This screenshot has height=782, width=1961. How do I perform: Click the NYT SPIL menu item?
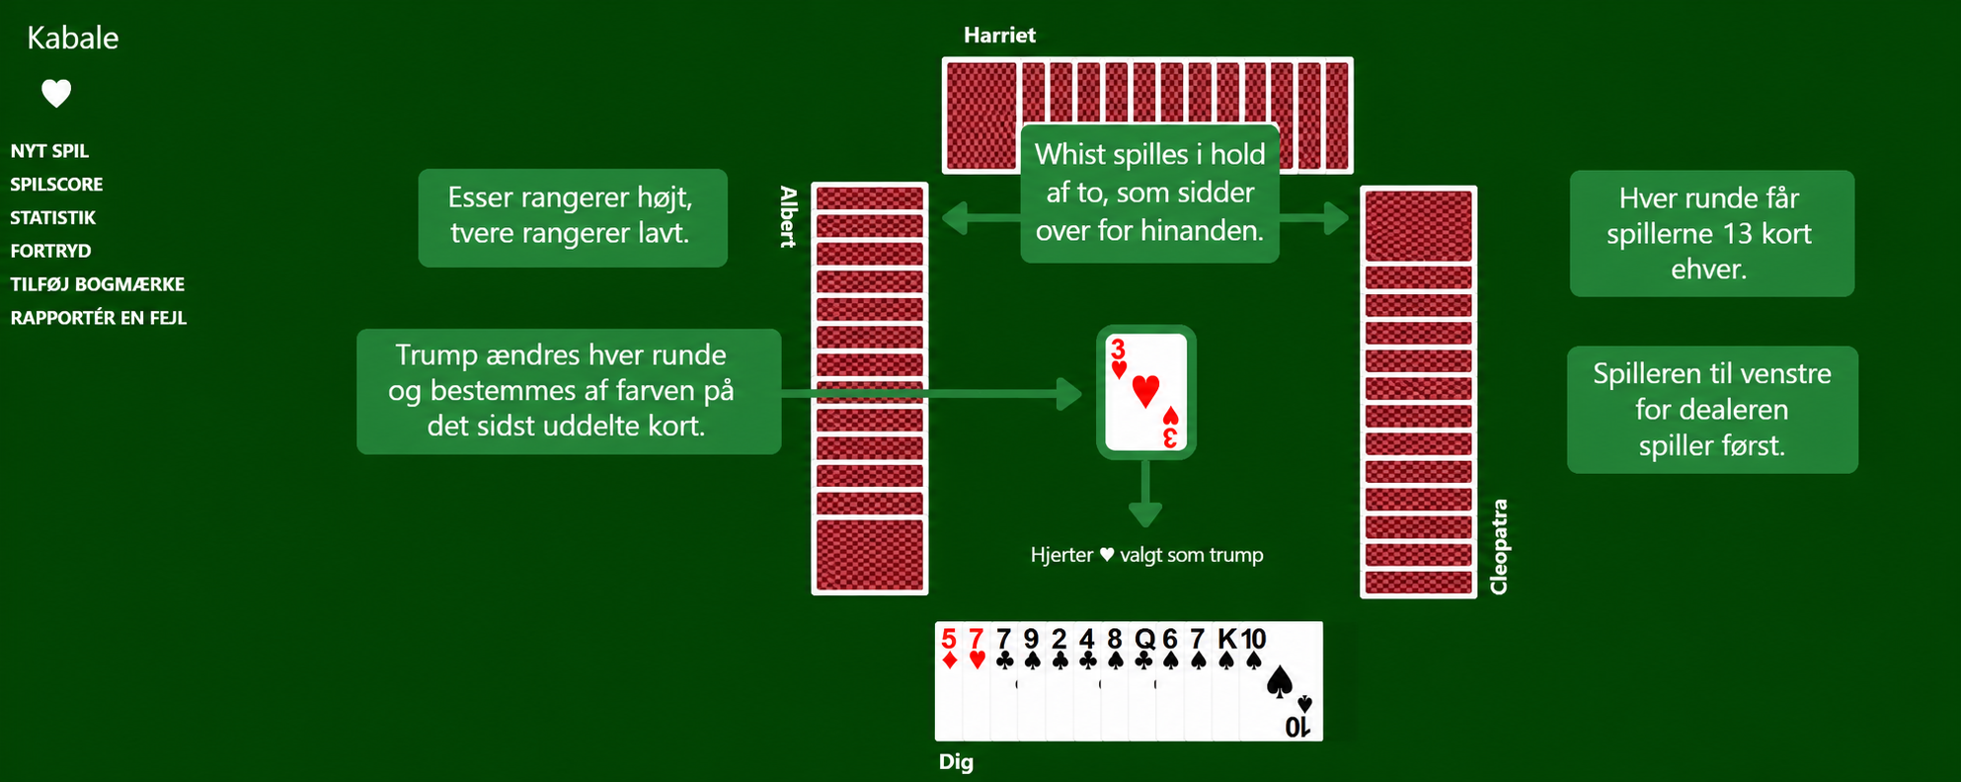49,151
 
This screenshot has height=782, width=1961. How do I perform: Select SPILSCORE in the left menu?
56,185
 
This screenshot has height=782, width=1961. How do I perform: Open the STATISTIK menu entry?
53,218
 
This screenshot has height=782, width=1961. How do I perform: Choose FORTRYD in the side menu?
50,251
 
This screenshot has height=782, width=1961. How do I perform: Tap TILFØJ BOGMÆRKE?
98,284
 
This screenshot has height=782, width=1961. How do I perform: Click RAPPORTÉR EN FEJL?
99,318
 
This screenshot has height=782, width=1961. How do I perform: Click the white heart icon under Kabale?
56,93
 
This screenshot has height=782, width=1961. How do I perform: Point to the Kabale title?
72,38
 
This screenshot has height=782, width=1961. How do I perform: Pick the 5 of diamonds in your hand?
949,681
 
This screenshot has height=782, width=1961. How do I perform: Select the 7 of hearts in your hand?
977,681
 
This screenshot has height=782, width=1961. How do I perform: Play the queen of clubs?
1143,681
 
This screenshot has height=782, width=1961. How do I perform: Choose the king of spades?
1226,681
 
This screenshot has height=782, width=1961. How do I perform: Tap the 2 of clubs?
1059,681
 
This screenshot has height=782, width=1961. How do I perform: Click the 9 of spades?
1032,681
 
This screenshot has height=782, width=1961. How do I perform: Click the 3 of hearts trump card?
1145,392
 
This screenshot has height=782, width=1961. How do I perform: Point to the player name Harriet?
999,36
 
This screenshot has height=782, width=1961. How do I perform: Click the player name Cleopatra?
1499,547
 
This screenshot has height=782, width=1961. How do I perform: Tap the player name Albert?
788,216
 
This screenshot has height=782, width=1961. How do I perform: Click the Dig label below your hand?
956,762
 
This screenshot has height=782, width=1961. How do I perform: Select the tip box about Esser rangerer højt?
573,217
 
